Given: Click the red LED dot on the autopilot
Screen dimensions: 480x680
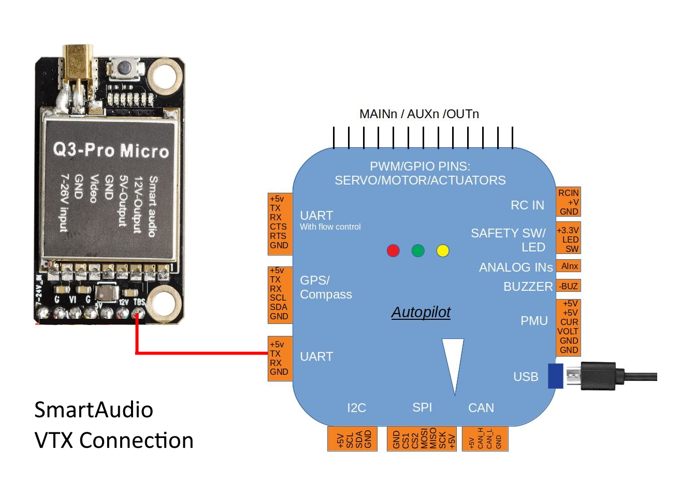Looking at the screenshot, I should click(393, 251).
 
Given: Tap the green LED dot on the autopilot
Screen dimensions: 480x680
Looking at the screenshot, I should click(418, 251).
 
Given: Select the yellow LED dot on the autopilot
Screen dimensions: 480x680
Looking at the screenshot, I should click(443, 251).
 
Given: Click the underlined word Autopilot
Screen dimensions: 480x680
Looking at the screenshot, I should click(421, 312).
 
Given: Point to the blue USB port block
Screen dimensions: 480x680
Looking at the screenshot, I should click(555, 376).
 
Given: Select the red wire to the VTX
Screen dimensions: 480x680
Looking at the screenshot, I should click(202, 354).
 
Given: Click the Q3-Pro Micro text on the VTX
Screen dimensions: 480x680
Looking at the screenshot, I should click(111, 150).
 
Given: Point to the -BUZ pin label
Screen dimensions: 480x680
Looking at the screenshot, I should click(569, 286).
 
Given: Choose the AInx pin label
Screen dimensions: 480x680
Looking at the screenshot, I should click(569, 266).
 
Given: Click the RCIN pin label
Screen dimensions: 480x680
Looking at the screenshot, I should click(568, 193).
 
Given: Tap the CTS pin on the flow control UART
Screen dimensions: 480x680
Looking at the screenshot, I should click(278, 227).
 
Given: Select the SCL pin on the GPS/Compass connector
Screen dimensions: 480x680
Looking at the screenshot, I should click(278, 298).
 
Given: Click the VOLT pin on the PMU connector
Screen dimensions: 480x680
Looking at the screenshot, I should click(568, 331).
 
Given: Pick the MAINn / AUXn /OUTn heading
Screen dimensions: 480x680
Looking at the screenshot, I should click(419, 114).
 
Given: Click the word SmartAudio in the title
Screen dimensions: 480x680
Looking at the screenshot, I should click(94, 410).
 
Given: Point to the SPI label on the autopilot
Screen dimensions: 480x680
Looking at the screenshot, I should click(422, 407).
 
